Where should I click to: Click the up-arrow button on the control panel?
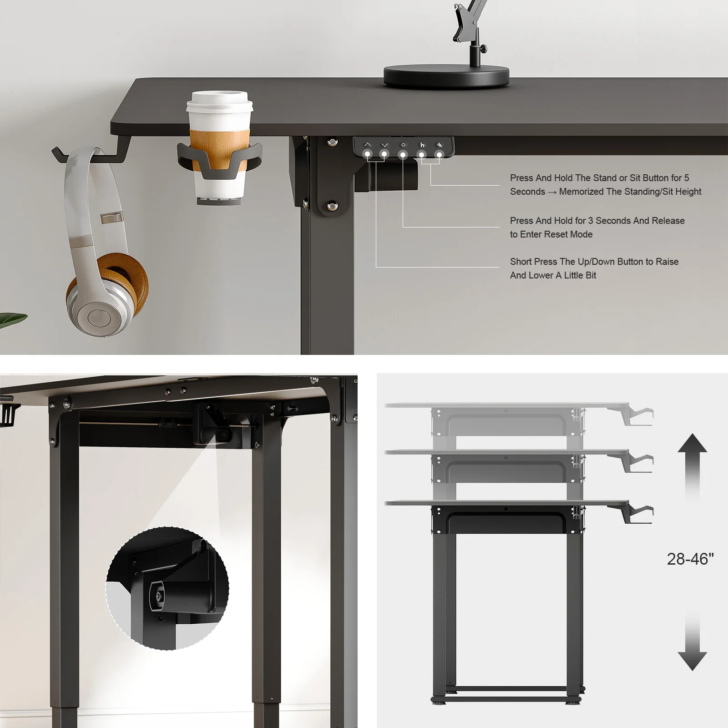click(x=368, y=145)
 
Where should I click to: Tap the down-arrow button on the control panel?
click(x=384, y=145)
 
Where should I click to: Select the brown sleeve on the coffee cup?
click(x=220, y=142)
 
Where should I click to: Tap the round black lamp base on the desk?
click(x=446, y=75)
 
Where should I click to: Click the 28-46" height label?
click(x=690, y=559)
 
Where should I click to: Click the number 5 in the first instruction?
click(x=687, y=178)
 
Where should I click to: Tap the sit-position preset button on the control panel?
click(x=439, y=145)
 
